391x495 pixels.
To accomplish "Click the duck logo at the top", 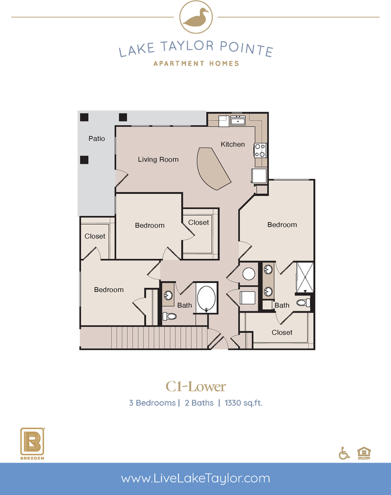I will [195, 16].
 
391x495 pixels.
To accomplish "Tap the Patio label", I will [96, 139].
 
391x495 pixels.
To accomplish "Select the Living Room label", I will [158, 159].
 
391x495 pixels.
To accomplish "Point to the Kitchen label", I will [233, 144].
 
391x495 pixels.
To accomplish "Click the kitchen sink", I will [238, 121].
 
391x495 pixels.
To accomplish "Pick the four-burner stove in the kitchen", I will [259, 151].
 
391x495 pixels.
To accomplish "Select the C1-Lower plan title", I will [195, 386].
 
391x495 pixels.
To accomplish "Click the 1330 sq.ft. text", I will [243, 403].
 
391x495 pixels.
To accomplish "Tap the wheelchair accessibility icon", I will [344, 453].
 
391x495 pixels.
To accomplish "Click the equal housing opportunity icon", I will [364, 453].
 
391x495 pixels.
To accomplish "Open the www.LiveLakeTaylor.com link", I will [195, 478].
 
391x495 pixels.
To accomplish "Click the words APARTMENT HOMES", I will [196, 63].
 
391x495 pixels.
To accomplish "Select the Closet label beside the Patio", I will [95, 236].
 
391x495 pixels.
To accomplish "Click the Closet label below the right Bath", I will [282, 333].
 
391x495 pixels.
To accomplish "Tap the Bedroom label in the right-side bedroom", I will [282, 225].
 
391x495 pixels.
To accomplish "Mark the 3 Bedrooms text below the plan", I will [152, 403].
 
